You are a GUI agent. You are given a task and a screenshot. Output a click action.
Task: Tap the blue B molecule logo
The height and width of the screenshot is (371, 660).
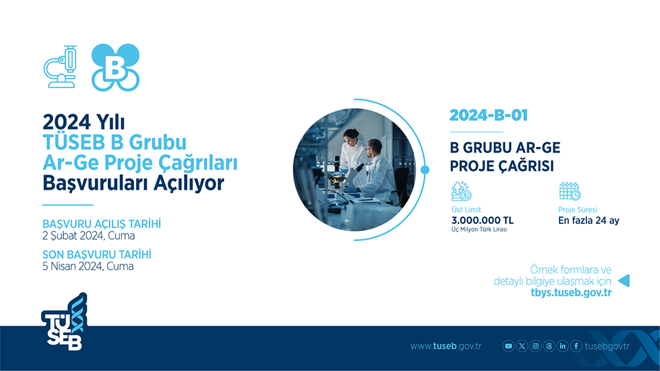click(x=115, y=67)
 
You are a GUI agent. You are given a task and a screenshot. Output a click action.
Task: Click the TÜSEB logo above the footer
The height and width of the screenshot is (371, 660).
click(x=63, y=323)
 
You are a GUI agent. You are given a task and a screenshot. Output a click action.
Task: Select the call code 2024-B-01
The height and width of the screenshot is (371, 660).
click(x=488, y=115)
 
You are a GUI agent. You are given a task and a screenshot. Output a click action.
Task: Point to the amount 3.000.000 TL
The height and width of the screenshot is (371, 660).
click(x=482, y=221)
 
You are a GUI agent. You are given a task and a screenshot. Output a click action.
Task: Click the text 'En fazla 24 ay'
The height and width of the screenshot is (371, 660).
click(x=588, y=221)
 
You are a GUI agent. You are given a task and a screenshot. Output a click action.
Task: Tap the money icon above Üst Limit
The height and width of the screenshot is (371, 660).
click(x=461, y=190)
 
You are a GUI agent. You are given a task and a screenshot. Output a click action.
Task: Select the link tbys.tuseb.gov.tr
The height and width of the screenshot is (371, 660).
click(x=571, y=292)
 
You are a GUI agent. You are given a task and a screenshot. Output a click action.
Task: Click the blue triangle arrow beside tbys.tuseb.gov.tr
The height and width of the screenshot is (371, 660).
click(x=624, y=280)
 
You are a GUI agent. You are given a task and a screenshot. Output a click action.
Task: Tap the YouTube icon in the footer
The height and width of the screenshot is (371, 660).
click(x=509, y=346)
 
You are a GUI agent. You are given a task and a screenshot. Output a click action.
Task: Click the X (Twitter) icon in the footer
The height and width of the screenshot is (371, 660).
click(x=522, y=346)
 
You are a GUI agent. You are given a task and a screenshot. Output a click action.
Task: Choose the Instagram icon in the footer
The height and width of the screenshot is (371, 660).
click(x=536, y=346)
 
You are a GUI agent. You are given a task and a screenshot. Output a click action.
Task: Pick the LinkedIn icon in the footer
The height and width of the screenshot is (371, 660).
click(x=562, y=346)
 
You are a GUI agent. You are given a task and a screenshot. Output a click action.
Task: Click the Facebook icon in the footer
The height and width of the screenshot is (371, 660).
click(x=575, y=346)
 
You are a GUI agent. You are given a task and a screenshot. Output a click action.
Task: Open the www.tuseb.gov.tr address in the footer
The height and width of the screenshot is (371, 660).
click(x=445, y=346)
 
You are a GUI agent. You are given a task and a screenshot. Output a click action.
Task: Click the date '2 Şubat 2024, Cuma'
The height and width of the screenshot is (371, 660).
click(x=89, y=236)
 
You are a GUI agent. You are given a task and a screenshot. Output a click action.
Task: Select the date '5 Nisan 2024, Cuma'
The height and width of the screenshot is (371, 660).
click(x=88, y=266)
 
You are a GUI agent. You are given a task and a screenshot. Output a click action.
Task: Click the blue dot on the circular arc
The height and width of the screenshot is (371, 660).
click(x=425, y=170)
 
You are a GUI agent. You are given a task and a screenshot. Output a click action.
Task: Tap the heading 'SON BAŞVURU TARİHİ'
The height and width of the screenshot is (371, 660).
click(x=97, y=254)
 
